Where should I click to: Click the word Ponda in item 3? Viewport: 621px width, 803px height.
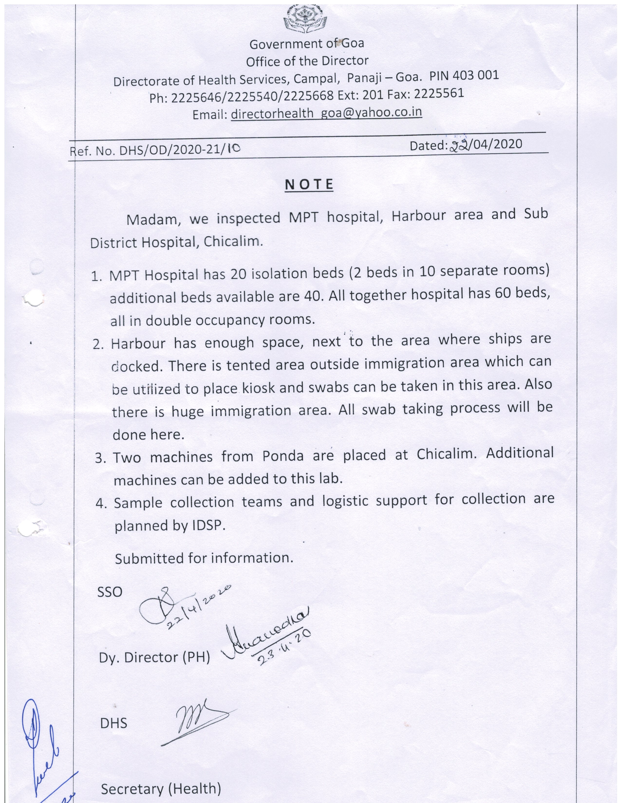pos(283,456)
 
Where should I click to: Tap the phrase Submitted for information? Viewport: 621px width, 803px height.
pos(204,558)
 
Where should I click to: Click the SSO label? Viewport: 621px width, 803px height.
pos(110,592)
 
